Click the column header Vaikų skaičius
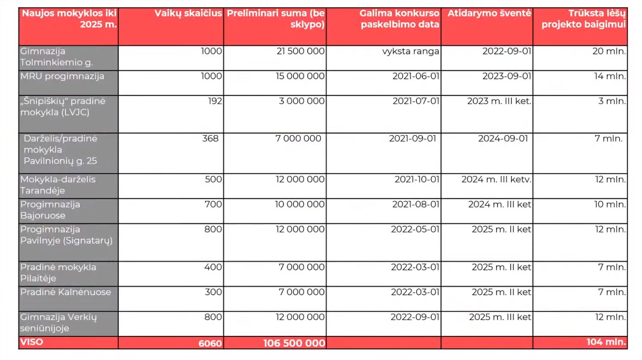[188, 13]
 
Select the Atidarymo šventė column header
[489, 13]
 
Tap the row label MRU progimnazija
[62, 77]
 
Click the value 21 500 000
[300, 51]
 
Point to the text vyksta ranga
[411, 52]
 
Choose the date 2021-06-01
[416, 76]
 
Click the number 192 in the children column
[215, 101]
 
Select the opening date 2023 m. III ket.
[499, 101]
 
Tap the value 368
[210, 139]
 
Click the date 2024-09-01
[503, 139]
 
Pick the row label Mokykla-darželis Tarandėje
[58, 185]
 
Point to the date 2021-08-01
[416, 205]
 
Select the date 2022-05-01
[416, 229]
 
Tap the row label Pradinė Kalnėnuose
[66, 292]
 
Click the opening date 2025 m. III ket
[500, 317]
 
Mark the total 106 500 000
[294, 343]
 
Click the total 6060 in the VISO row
[210, 343]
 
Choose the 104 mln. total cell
[606, 342]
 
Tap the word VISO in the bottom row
[32, 342]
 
